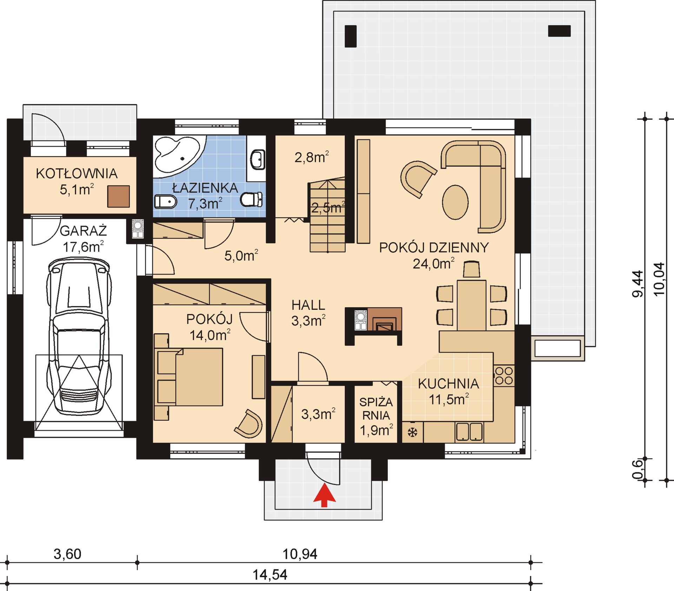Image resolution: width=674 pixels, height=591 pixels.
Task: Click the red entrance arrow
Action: coord(324,495)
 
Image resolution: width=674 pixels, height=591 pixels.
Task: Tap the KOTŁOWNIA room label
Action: coord(77,174)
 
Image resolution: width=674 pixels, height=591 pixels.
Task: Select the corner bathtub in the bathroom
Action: coord(177,155)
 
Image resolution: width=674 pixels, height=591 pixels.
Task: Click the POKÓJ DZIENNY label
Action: coord(434,248)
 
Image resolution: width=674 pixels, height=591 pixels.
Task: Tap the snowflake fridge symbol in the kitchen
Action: coord(412,432)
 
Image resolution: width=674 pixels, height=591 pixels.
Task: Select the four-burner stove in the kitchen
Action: coord(504,375)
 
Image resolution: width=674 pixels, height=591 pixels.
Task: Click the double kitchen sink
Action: coord(469,432)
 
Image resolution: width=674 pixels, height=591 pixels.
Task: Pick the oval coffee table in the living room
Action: coord(455,202)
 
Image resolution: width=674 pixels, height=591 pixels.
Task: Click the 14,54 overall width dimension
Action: coord(270,575)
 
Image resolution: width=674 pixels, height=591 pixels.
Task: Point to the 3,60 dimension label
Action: coord(67,554)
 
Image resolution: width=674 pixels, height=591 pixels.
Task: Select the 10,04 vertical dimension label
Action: coord(659,279)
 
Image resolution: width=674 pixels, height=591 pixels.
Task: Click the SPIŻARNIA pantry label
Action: coord(376,408)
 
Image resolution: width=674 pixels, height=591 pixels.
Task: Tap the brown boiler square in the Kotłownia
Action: coord(118,196)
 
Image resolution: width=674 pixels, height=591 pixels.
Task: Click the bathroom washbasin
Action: coord(258,159)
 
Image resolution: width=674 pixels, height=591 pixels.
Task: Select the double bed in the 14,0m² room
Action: coord(190,377)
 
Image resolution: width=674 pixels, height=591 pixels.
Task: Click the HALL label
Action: coord(308,305)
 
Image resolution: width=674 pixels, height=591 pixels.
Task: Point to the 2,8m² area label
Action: coord(312,157)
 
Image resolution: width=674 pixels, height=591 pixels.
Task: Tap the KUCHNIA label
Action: coord(449,383)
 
